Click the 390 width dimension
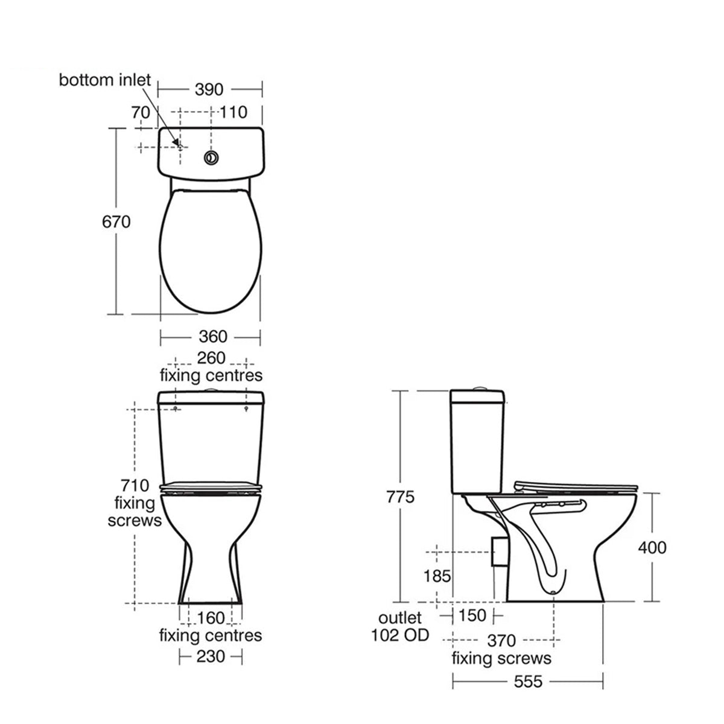[x=209, y=90]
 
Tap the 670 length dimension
[x=116, y=222]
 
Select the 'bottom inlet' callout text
[x=105, y=80]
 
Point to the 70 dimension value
[x=140, y=112]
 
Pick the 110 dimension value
[x=233, y=112]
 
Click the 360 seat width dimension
[x=212, y=336]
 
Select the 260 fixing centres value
[x=211, y=358]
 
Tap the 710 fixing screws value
[x=135, y=486]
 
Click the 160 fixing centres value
[x=211, y=618]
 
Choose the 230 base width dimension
[x=211, y=656]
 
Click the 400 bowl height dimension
[x=652, y=547]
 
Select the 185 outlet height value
[x=436, y=576]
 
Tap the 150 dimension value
[x=472, y=616]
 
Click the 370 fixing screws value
[x=501, y=640]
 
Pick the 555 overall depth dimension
[x=528, y=682]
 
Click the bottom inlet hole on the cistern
[x=179, y=144]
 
